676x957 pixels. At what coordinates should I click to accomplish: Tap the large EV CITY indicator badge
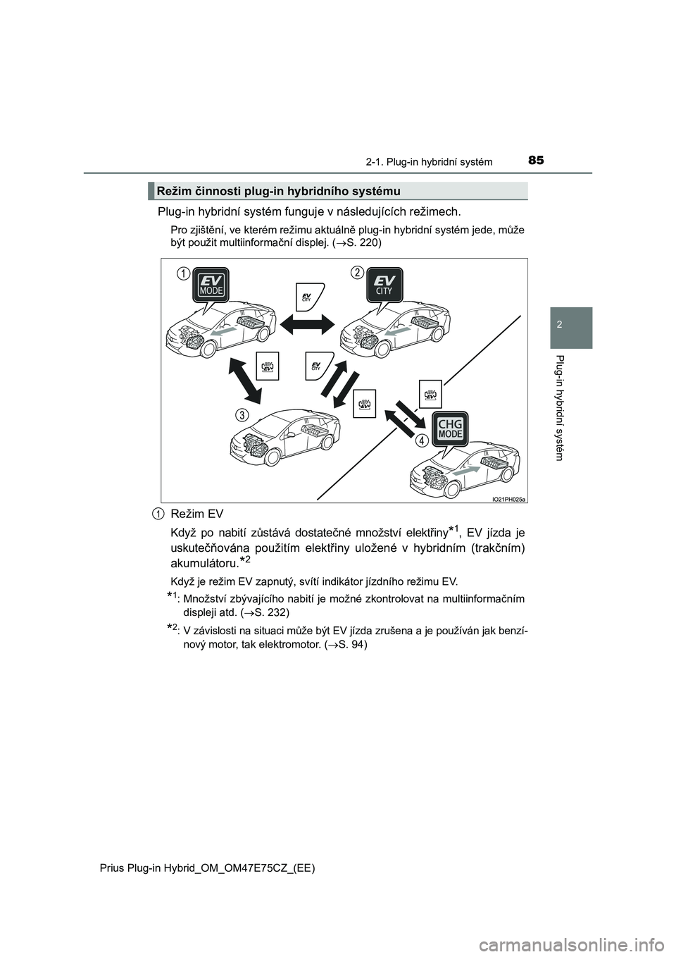coord(383,287)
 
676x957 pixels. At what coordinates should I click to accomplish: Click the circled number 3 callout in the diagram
coord(241,415)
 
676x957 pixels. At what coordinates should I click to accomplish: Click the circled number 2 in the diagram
coord(357,273)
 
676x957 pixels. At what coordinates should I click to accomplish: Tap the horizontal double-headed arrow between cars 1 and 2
coord(307,326)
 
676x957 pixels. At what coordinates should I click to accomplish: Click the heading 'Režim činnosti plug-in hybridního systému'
coord(279,191)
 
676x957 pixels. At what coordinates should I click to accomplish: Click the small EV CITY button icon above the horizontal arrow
coord(307,295)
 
